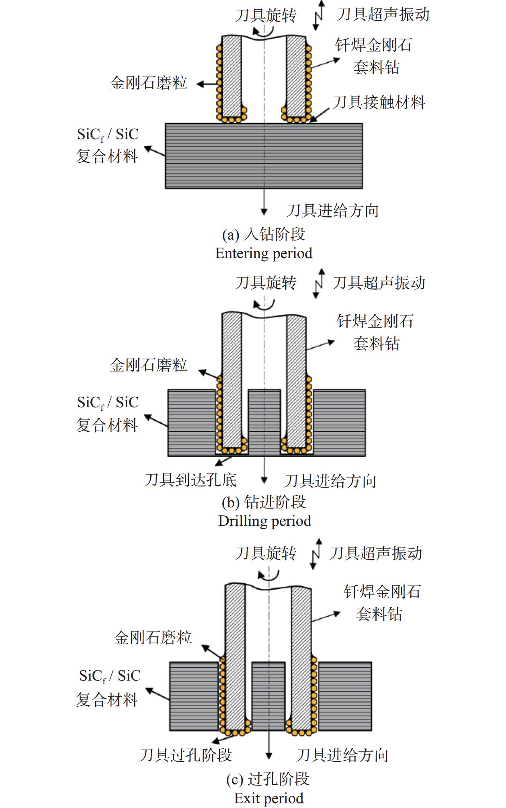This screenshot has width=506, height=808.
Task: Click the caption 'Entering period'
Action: click(264, 253)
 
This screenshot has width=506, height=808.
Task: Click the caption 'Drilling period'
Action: click(264, 521)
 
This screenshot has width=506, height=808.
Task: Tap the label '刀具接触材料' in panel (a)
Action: click(379, 103)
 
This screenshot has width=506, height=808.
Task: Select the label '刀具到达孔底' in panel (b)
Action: click(191, 480)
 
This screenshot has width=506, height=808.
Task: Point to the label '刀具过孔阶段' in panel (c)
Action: click(186, 755)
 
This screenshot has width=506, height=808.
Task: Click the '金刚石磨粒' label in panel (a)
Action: click(149, 83)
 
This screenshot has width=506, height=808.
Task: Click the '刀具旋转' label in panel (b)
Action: click(266, 283)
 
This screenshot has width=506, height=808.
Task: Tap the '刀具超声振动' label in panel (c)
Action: click(375, 553)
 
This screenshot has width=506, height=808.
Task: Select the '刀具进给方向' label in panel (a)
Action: click(333, 210)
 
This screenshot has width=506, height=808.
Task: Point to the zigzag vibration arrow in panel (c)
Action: click(316, 554)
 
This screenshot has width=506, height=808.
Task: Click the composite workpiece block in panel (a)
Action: click(264, 156)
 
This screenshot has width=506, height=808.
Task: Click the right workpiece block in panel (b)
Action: click(339, 422)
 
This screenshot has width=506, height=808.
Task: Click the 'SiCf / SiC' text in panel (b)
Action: click(108, 403)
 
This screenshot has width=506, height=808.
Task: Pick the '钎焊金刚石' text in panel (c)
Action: click(382, 591)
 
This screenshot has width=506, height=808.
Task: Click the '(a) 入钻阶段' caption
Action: click(264, 234)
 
